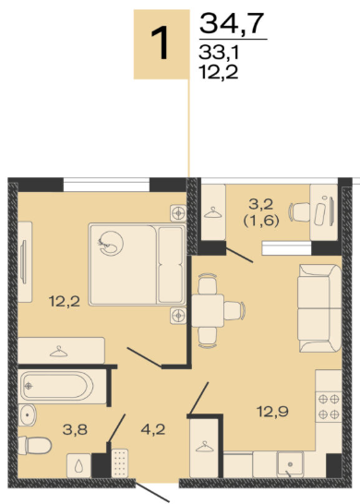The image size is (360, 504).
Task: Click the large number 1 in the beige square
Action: (x=161, y=43)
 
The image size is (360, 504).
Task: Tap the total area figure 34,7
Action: (x=232, y=23)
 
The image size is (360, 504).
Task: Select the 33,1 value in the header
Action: (x=219, y=53)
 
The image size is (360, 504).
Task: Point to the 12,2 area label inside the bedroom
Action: (x=65, y=302)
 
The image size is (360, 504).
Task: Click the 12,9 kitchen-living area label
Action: (x=272, y=411)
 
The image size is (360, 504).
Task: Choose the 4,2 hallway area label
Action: (x=153, y=429)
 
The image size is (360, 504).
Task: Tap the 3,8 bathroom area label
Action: (x=75, y=429)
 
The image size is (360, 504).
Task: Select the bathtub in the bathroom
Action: (x=63, y=387)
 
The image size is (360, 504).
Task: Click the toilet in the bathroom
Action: (x=35, y=446)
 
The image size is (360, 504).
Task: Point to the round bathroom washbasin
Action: (x=27, y=415)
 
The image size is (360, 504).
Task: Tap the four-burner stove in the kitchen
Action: (x=329, y=407)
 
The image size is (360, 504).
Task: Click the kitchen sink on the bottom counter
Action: (x=290, y=463)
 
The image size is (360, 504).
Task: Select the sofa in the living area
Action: (x=319, y=308)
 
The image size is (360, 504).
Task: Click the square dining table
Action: (x=208, y=310)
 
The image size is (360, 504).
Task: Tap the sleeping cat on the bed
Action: (x=111, y=244)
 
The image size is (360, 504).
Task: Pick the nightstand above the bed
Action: (x=178, y=213)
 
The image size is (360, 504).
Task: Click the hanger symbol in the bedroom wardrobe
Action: (x=59, y=352)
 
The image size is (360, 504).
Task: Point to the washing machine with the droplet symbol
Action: (x=78, y=465)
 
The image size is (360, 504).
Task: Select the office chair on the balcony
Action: (x=300, y=212)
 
